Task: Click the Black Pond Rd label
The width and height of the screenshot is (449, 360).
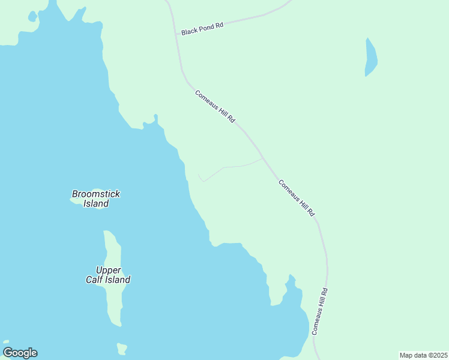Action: [x=202, y=28]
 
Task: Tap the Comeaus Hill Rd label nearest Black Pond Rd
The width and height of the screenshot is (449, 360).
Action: [x=214, y=107]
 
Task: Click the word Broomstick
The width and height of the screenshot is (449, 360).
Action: [x=96, y=194]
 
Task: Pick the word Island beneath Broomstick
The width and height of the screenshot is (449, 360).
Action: [x=96, y=203]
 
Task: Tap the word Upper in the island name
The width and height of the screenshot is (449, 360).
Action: [x=108, y=270]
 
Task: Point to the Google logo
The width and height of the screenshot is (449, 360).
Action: [x=20, y=353]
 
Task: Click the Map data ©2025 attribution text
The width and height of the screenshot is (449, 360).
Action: [x=423, y=355]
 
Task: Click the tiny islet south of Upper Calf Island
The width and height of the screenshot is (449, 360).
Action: [x=122, y=348]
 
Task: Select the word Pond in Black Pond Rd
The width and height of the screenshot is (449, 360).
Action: [x=205, y=27]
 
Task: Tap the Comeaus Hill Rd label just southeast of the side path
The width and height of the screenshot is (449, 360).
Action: [x=297, y=198]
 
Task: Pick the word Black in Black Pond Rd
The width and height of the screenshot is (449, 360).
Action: [x=190, y=30]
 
